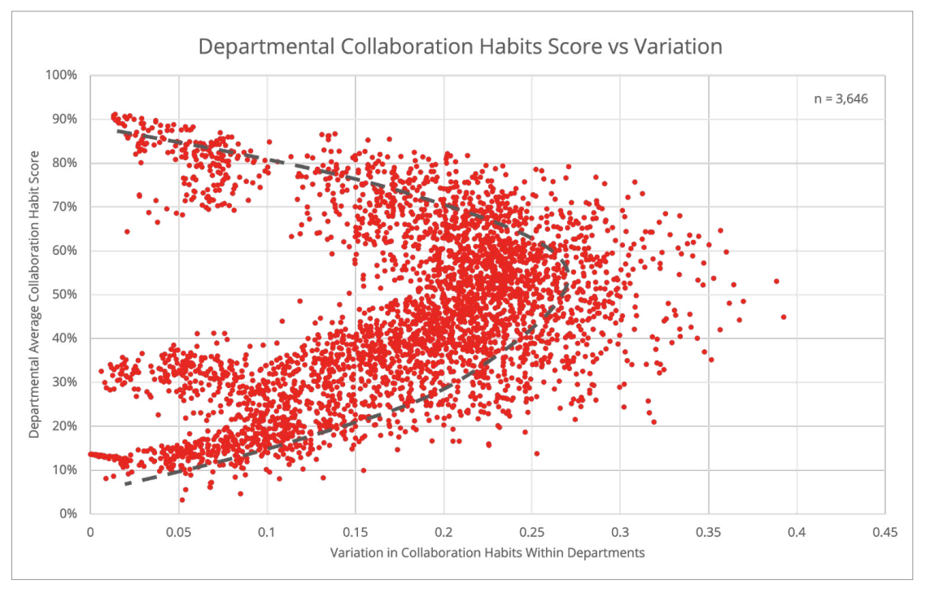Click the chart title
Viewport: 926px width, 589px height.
(461, 46)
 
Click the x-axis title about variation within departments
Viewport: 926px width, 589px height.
(487, 552)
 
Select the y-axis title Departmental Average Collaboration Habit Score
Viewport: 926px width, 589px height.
(34, 294)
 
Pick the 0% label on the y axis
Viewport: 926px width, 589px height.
(68, 514)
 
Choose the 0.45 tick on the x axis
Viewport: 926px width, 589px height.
(884, 532)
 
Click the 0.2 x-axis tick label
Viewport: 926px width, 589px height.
(443, 532)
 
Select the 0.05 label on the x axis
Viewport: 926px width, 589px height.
(178, 532)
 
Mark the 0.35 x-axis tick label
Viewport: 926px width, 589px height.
(707, 532)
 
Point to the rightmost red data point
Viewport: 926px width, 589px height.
(784, 316)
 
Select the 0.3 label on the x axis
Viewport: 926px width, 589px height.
(619, 532)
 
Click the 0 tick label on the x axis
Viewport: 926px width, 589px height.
(90, 532)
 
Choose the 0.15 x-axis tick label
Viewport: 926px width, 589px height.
(355, 532)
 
